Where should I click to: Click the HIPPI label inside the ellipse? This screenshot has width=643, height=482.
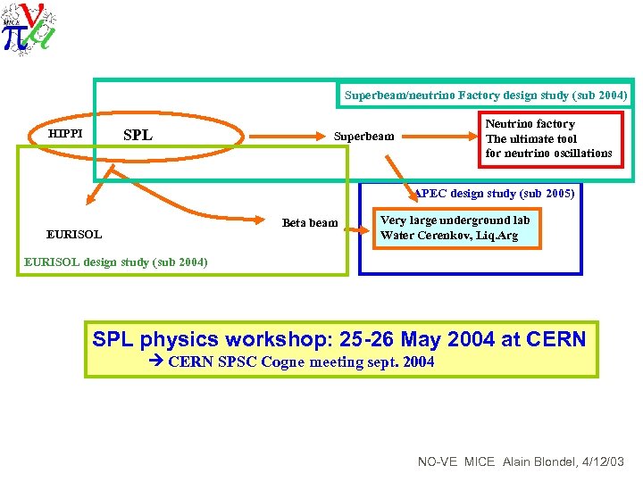click(65, 134)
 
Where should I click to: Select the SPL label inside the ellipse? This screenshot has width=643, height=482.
click(138, 136)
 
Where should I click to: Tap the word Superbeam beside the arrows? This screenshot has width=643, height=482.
click(363, 137)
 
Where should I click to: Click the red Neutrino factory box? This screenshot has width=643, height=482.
click(549, 138)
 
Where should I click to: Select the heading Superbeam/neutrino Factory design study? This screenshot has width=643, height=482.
click(486, 95)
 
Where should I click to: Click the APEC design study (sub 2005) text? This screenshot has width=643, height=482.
click(495, 193)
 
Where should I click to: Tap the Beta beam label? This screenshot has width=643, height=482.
click(310, 223)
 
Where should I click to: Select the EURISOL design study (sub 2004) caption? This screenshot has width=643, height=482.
click(116, 262)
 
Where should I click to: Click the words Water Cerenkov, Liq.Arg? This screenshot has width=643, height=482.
click(449, 237)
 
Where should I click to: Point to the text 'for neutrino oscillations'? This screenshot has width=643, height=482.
click(548, 154)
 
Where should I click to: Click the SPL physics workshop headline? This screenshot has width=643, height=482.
click(339, 339)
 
